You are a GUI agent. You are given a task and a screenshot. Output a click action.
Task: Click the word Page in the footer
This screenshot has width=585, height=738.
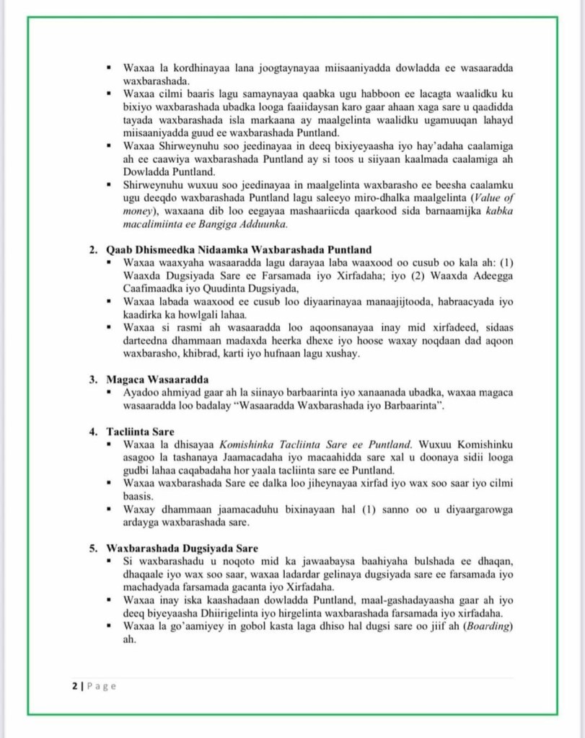(102, 686)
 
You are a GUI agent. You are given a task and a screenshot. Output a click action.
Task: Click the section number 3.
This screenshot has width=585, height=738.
(94, 378)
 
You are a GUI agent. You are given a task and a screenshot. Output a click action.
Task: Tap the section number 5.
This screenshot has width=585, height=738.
(94, 548)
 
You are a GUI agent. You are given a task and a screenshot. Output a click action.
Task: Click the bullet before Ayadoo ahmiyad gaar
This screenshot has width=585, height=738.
(107, 391)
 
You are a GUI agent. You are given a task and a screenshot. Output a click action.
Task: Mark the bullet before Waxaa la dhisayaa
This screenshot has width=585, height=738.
(107, 445)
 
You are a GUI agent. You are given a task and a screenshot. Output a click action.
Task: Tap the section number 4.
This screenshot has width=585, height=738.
(94, 432)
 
